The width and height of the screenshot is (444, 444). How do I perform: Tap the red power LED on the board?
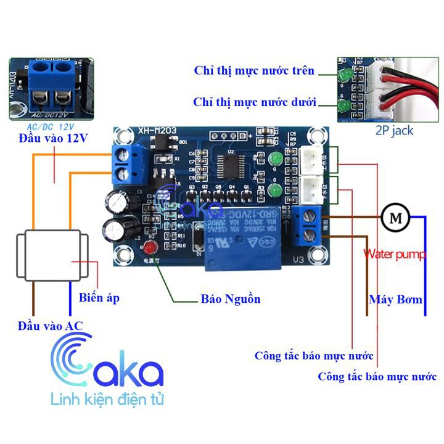click(x=149, y=249)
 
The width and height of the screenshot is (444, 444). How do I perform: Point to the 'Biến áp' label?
click(x=99, y=298)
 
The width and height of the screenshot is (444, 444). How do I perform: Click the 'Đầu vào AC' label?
click(x=50, y=325)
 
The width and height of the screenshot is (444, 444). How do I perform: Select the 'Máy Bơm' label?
click(x=396, y=300)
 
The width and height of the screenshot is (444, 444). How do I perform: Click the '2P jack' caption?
click(x=394, y=131)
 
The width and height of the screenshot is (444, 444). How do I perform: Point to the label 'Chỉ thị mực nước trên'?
click(x=254, y=71)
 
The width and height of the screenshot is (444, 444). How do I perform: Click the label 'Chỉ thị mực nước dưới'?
click(x=255, y=102)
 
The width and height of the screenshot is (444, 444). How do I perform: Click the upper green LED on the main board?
click(x=276, y=160)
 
